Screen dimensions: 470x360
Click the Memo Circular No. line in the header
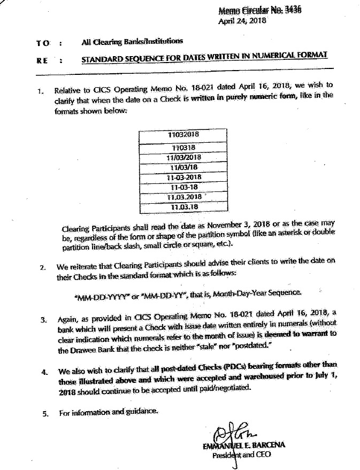(x=259, y=11)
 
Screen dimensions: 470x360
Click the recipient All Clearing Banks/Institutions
(x=132, y=41)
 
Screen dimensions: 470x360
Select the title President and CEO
(x=241, y=455)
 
